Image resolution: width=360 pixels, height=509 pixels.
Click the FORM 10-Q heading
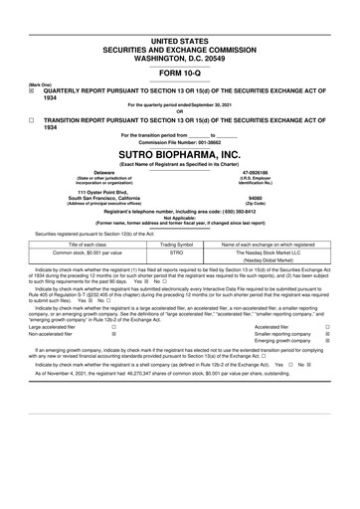pyautogui.click(x=180, y=73)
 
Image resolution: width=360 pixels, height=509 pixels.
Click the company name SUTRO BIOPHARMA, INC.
pyautogui.click(x=180, y=157)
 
